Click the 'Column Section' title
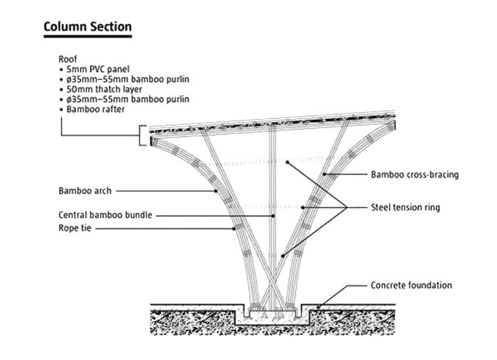[x=87, y=27]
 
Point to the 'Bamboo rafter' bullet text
[x=95, y=110]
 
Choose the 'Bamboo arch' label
[x=85, y=191]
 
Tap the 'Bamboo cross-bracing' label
[x=414, y=175]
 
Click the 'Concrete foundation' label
[x=411, y=285]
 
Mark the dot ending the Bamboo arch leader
[x=216, y=191]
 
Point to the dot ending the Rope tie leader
[x=234, y=228]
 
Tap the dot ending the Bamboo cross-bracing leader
[x=323, y=175]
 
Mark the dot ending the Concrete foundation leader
[x=319, y=306]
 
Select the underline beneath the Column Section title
[x=87, y=36]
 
